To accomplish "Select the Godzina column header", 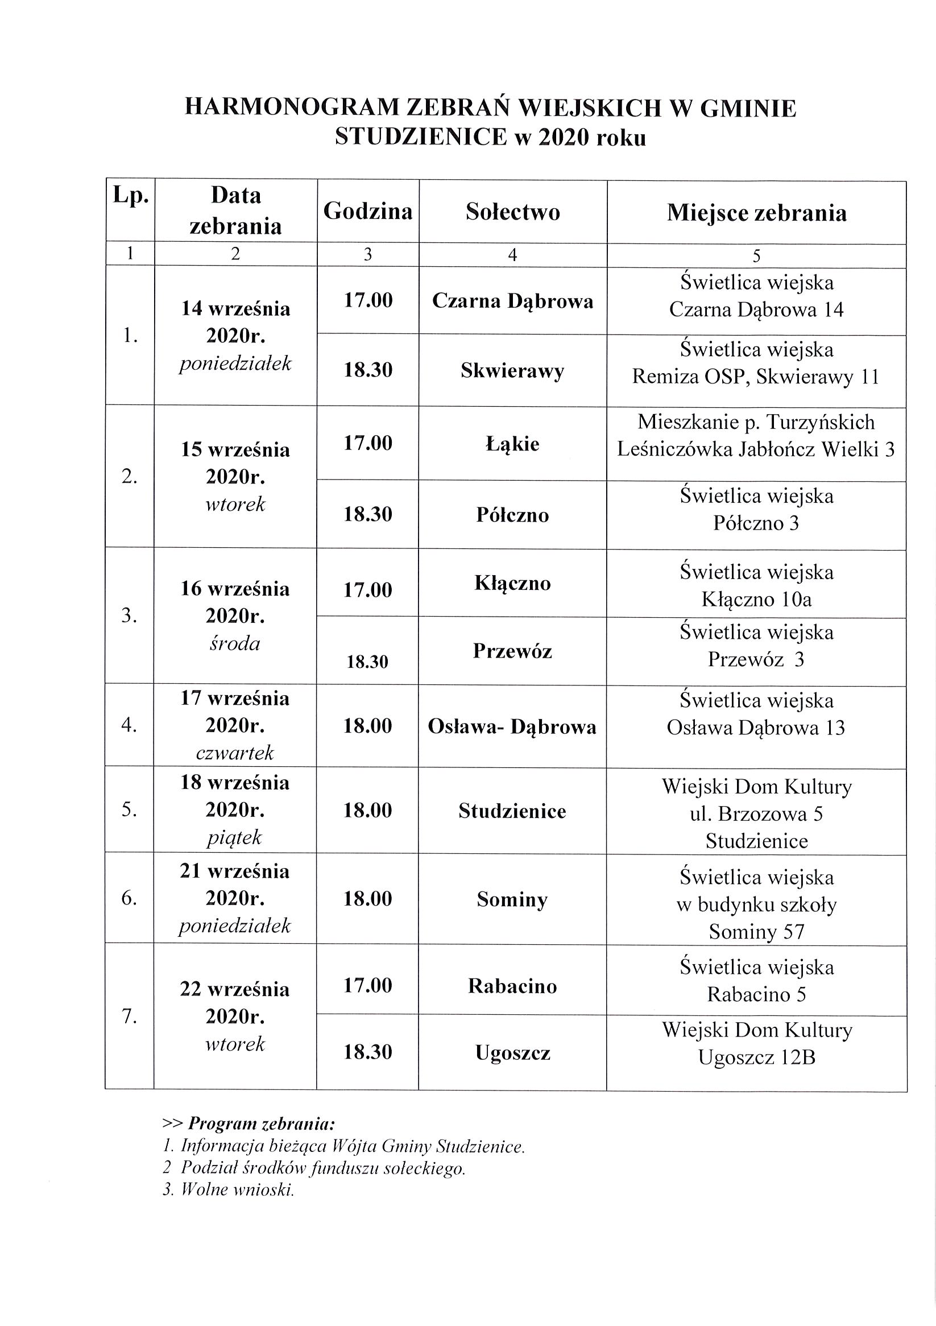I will (x=368, y=212).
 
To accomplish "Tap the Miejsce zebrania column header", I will (x=756, y=213).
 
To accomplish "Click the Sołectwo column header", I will (x=513, y=212).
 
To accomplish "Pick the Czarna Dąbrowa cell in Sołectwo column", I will (x=513, y=301).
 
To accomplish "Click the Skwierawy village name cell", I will (x=513, y=371).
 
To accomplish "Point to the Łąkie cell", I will (x=513, y=444).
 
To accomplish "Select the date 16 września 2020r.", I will (x=235, y=602).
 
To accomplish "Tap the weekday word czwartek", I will (x=235, y=753).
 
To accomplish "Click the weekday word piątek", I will (x=235, y=837).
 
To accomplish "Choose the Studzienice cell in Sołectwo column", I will (x=513, y=811).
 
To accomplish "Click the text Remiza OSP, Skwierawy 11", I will (x=756, y=377).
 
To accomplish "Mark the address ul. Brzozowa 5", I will (x=756, y=813).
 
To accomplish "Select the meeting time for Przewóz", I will (x=368, y=661).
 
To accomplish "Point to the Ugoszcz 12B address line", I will (x=756, y=1057).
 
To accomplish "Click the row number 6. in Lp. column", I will (x=129, y=898).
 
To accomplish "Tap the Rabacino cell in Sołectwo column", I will (x=513, y=986).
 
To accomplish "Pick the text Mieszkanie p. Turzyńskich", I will (x=756, y=422).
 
